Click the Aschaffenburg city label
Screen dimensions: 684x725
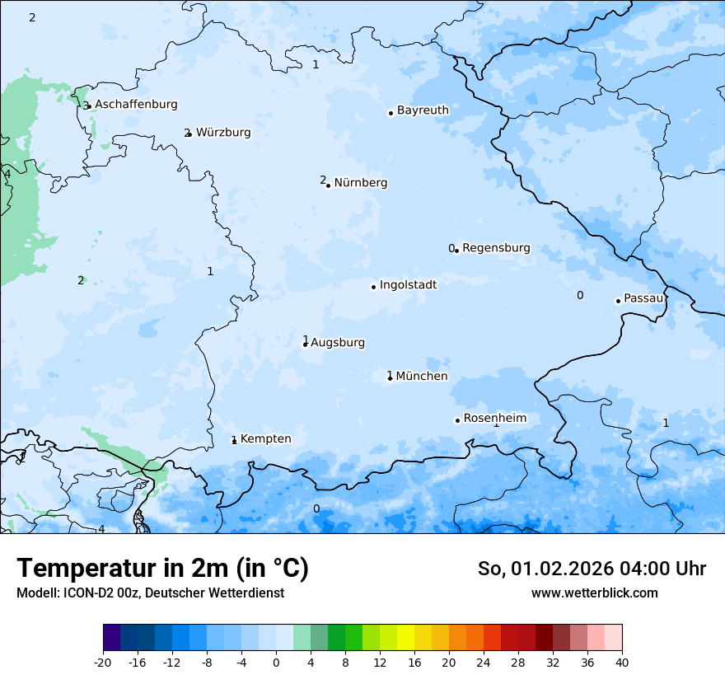[136, 105]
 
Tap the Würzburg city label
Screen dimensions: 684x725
[223, 133]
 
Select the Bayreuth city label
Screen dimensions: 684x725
[423, 110]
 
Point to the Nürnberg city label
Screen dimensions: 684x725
[360, 183]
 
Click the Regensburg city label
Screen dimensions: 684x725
[496, 248]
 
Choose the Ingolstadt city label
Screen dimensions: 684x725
[408, 285]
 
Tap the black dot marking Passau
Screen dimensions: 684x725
[618, 301]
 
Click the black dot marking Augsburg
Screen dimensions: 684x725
[305, 344]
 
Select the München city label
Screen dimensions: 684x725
[422, 377]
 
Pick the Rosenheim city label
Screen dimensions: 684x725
[494, 419]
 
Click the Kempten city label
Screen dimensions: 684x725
[265, 439]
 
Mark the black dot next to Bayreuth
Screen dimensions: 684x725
[391, 113]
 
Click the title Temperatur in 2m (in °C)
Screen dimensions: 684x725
[162, 569]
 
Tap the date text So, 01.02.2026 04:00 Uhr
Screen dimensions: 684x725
[592, 569]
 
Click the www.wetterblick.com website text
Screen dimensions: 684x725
[594, 593]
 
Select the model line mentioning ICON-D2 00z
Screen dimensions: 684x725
[150, 593]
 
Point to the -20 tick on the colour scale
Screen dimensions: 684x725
[103, 663]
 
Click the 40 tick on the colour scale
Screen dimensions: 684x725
[621, 663]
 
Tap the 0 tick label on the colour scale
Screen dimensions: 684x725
[276, 663]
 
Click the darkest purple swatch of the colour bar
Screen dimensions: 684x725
[112, 638]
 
